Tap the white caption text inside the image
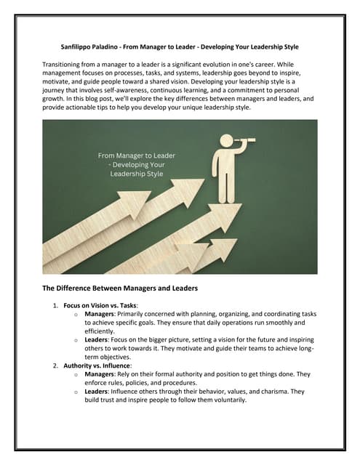136,164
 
